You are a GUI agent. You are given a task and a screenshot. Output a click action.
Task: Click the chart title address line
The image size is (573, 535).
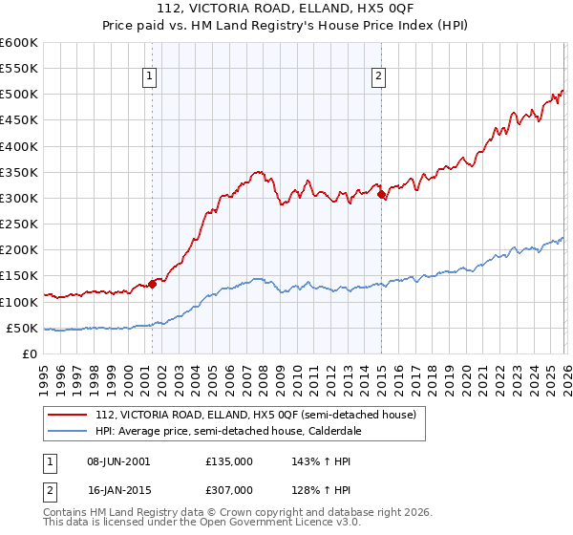(286, 11)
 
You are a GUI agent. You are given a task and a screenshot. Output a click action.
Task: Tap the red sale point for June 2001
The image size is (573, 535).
(152, 283)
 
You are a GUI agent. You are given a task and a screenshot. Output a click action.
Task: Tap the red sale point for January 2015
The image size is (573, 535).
(381, 195)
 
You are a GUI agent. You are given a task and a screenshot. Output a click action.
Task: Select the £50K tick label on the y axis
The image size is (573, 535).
(21, 329)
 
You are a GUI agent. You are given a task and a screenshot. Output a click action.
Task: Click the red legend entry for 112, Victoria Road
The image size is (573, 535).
(255, 415)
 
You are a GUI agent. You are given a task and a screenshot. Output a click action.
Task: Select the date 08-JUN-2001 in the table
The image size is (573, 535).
(119, 460)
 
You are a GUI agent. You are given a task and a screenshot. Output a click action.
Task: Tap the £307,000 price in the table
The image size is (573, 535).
(229, 489)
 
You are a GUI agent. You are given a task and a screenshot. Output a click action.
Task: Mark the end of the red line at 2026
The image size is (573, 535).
(562, 91)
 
